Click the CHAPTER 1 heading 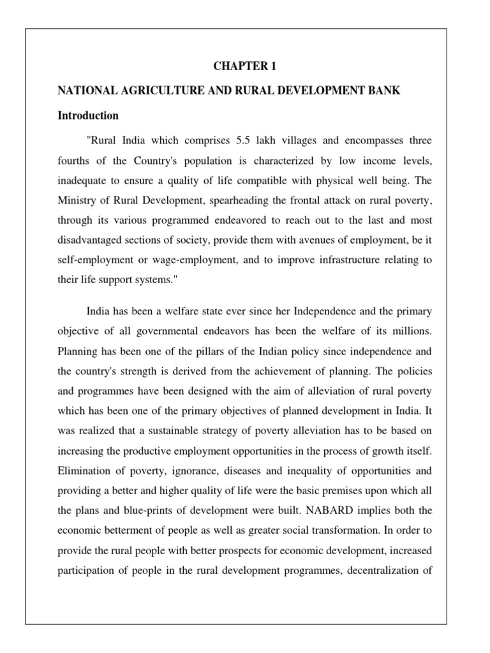click(244, 65)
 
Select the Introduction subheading click(88, 116)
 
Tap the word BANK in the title click(385, 91)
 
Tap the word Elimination click(84, 470)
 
